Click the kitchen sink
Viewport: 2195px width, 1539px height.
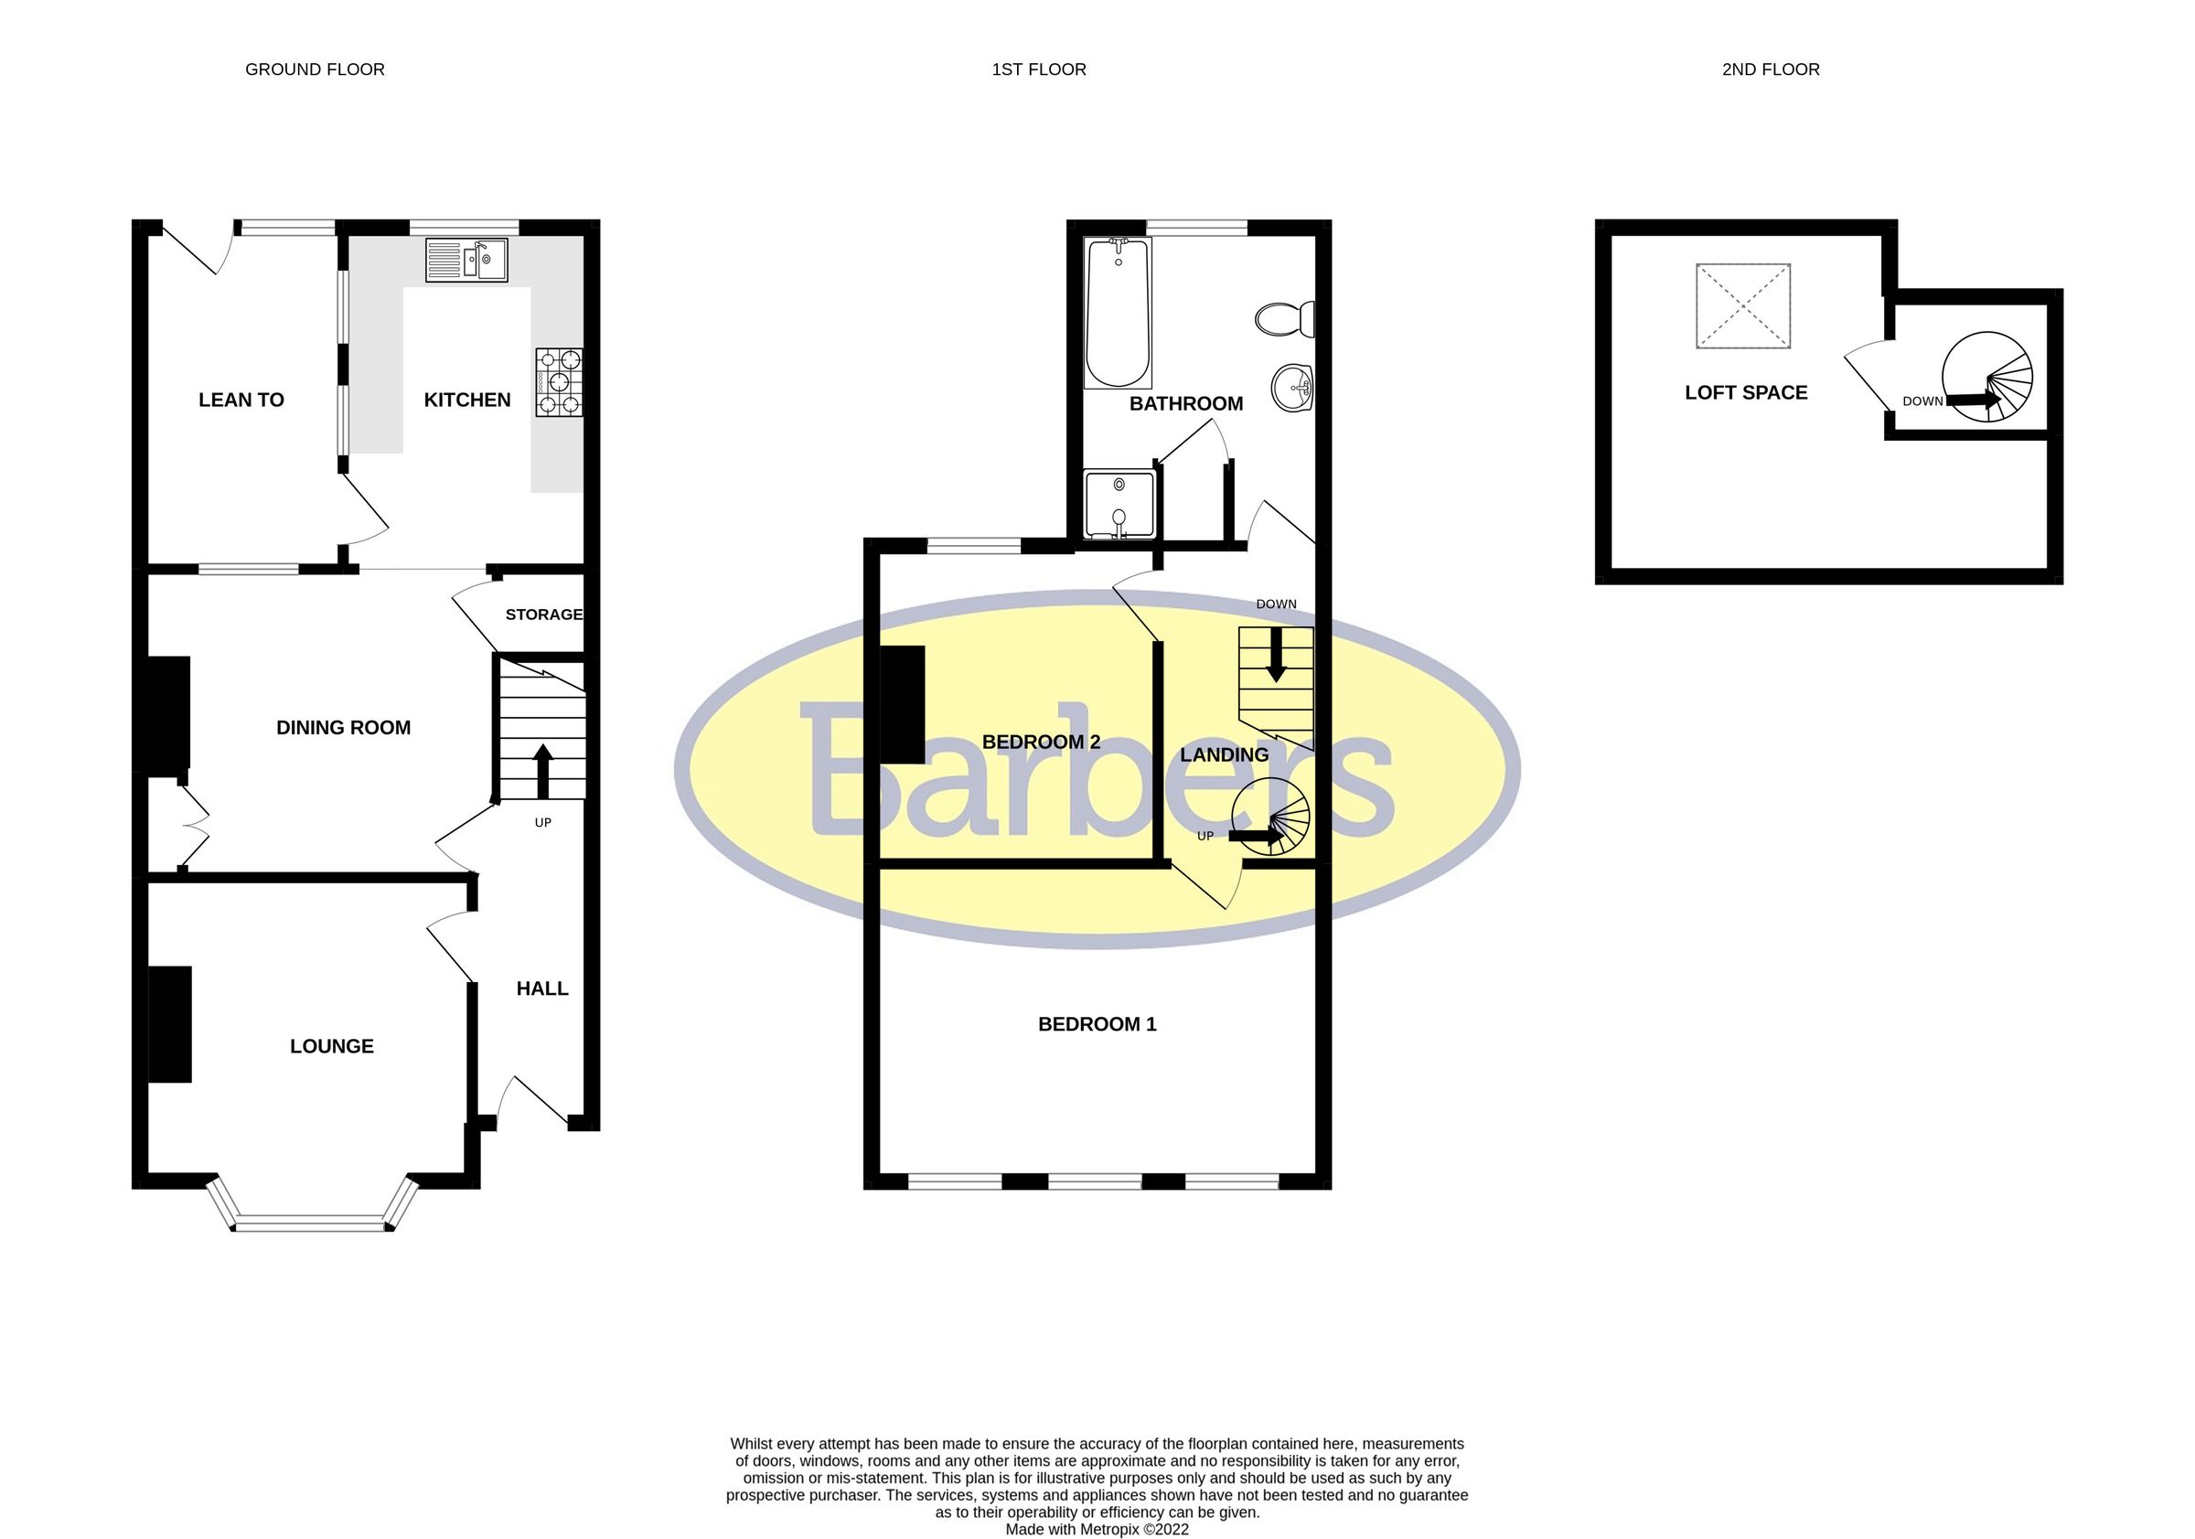pos(466,259)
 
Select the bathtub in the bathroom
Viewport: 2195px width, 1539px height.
pos(1118,313)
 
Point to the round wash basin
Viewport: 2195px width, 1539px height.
pos(1293,388)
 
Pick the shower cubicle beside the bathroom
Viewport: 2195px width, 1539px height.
pos(1119,504)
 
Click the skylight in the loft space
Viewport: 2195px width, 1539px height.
pos(1742,306)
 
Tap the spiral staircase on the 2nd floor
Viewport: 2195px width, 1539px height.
pos(1987,377)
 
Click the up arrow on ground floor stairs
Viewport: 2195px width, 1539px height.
pos(542,771)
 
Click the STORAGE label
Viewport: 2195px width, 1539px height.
pos(544,615)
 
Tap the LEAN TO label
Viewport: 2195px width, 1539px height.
pos(241,401)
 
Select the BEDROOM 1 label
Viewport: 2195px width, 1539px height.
pos(1097,1025)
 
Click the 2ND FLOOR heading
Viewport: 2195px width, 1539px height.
pos(1770,69)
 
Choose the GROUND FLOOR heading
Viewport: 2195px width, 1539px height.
pos(315,69)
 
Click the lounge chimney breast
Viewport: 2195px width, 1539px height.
pos(170,1025)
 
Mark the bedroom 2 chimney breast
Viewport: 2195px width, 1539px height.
pos(902,704)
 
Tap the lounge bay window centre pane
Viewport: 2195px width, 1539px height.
pos(313,1223)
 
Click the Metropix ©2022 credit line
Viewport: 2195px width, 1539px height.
pos(1097,1530)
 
